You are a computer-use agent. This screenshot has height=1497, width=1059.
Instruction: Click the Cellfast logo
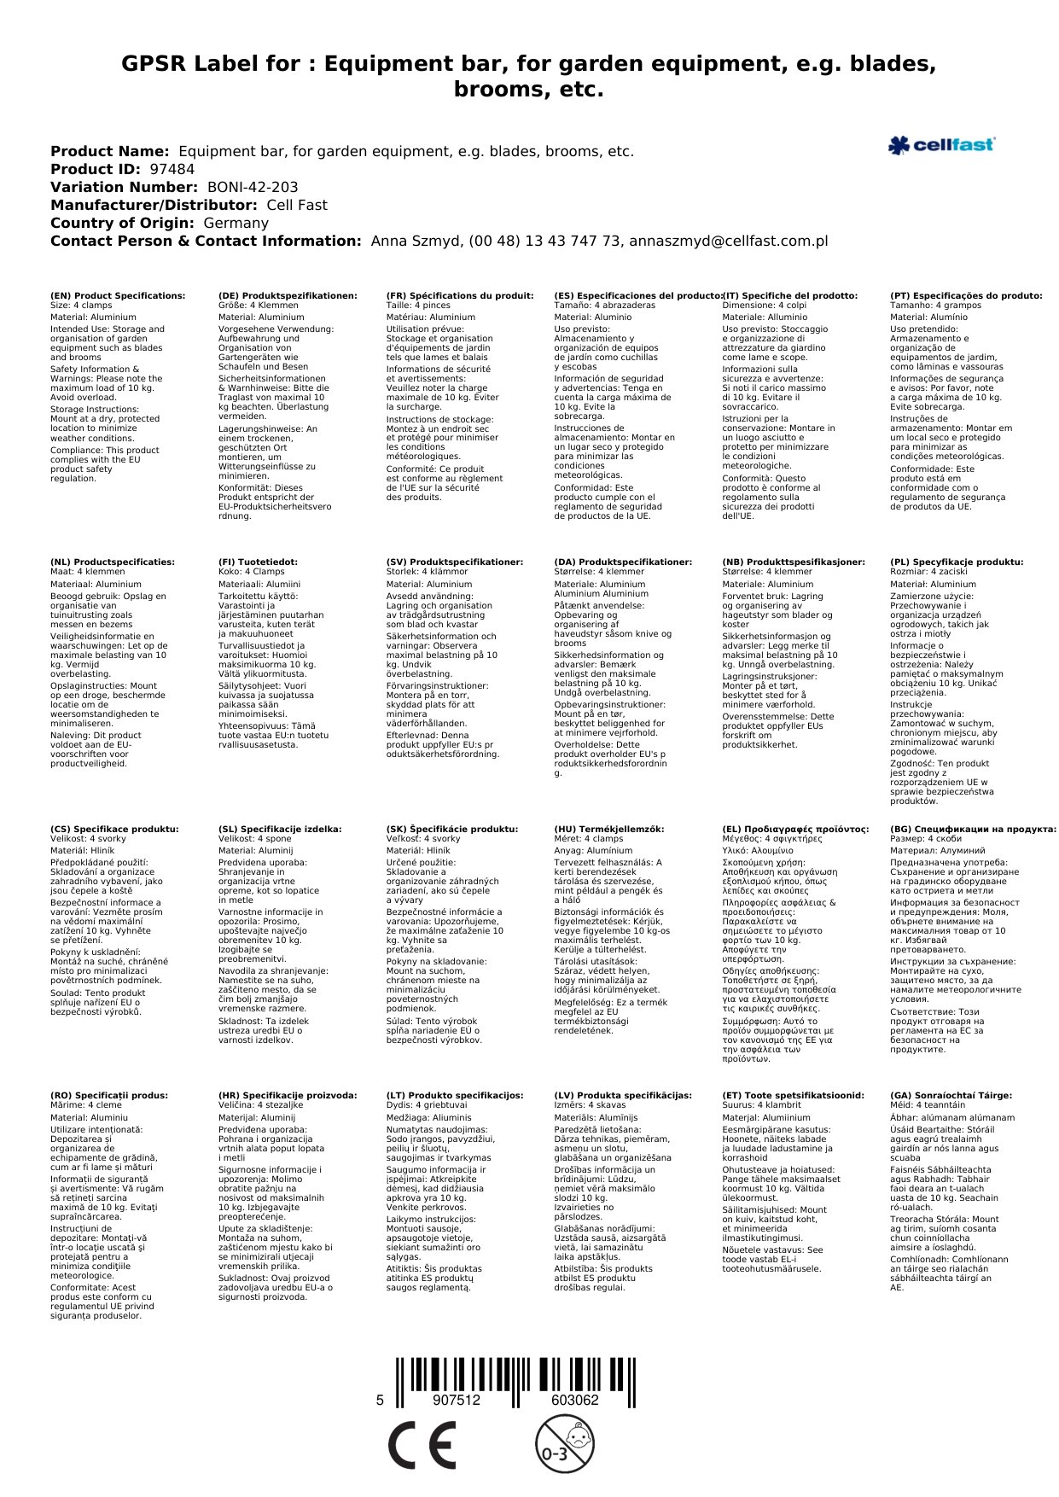pyautogui.click(x=940, y=145)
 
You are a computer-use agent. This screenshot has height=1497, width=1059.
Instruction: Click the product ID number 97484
pyautogui.click(x=172, y=169)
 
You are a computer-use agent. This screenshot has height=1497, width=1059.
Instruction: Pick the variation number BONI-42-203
pyautogui.click(x=253, y=187)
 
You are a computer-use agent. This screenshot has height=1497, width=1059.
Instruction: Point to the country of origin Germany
pyautogui.click(x=236, y=223)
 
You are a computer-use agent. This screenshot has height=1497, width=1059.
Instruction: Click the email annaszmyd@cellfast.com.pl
pyautogui.click(x=728, y=241)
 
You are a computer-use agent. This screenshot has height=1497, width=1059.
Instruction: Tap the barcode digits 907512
pyautogui.click(x=457, y=1400)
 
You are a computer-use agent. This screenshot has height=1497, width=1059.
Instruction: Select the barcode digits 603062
pyautogui.click(x=574, y=1400)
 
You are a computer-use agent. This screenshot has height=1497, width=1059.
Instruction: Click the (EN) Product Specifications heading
pyautogui.click(x=118, y=295)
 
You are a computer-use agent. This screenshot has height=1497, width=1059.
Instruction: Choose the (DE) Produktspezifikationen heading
pyautogui.click(x=288, y=295)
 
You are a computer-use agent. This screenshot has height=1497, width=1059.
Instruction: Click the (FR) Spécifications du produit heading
pyautogui.click(x=460, y=295)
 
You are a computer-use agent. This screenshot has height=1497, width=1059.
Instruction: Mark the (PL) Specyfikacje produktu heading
pyautogui.click(x=957, y=562)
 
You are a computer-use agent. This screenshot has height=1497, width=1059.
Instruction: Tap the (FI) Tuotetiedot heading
pyautogui.click(x=258, y=562)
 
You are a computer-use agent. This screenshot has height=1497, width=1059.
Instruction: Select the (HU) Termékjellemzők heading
pyautogui.click(x=608, y=829)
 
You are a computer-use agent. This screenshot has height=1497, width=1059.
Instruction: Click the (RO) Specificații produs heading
pyautogui.click(x=109, y=1095)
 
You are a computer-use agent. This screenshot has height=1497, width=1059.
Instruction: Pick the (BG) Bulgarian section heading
pyautogui.click(x=973, y=829)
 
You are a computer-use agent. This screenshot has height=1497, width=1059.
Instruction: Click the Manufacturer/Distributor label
pyautogui.click(x=154, y=205)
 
